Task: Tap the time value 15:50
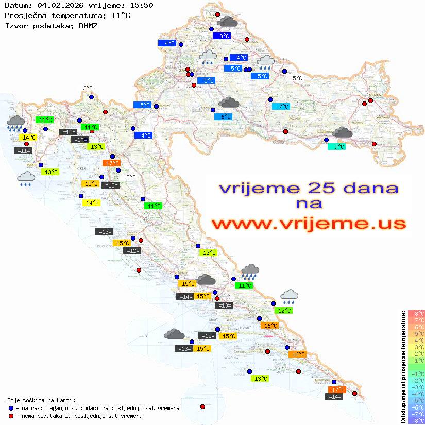[x=142, y=6]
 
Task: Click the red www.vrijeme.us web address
[x=309, y=224]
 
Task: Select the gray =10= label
[x=79, y=140]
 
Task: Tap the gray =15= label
[x=207, y=336]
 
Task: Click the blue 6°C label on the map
[x=223, y=117]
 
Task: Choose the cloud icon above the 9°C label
[x=342, y=133]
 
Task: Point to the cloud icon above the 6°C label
[x=229, y=103]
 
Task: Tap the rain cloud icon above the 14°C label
[x=16, y=123]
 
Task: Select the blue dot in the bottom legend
[x=11, y=408]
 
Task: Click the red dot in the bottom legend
[x=11, y=416]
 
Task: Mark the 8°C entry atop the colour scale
[x=416, y=313]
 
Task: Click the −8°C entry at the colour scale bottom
[x=416, y=420]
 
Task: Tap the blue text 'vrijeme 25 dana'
[x=309, y=188]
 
